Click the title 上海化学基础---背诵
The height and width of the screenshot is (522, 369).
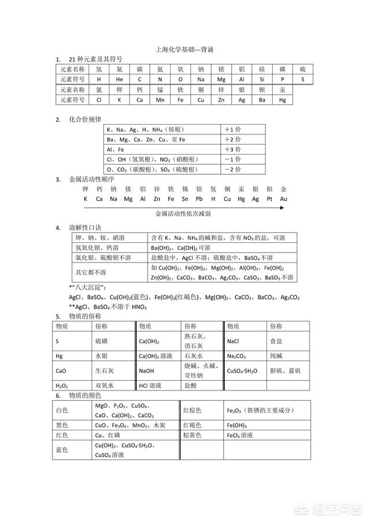pyautogui.click(x=184, y=50)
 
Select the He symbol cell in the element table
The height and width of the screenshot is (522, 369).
pyautogui.click(x=119, y=78)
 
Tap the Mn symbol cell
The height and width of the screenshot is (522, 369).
pyautogui.click(x=160, y=100)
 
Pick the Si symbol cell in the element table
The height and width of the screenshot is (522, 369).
pyautogui.click(x=262, y=78)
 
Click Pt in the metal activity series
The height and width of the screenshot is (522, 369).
pyautogui.click(x=269, y=199)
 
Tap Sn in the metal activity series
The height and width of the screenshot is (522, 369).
pyautogui.click(x=184, y=199)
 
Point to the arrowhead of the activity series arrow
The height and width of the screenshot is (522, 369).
pyautogui.click(x=281, y=207)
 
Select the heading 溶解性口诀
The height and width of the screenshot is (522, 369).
pyautogui.click(x=85, y=227)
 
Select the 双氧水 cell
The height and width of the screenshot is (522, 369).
pyautogui.click(x=105, y=385)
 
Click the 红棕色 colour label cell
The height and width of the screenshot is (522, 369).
pyautogui.click(x=192, y=411)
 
